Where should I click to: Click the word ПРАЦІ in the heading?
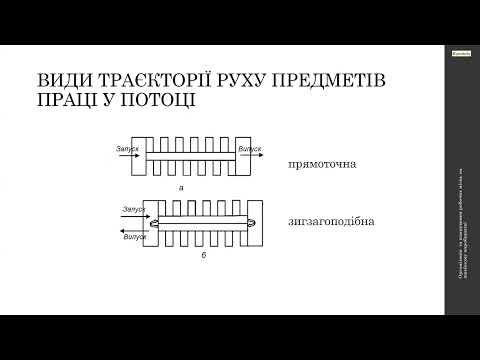click(65, 100)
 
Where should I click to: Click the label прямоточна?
click(322, 163)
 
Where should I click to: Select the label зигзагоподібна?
click(331, 221)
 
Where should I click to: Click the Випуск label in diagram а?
click(250, 147)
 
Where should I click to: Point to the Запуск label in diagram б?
click(134, 209)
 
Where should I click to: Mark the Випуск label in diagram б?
click(134, 237)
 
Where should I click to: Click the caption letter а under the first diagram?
click(181, 187)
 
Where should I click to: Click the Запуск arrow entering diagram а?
click(126, 155)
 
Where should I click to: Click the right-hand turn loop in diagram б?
click(250, 222)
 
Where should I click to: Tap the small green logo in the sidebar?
click(461, 57)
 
